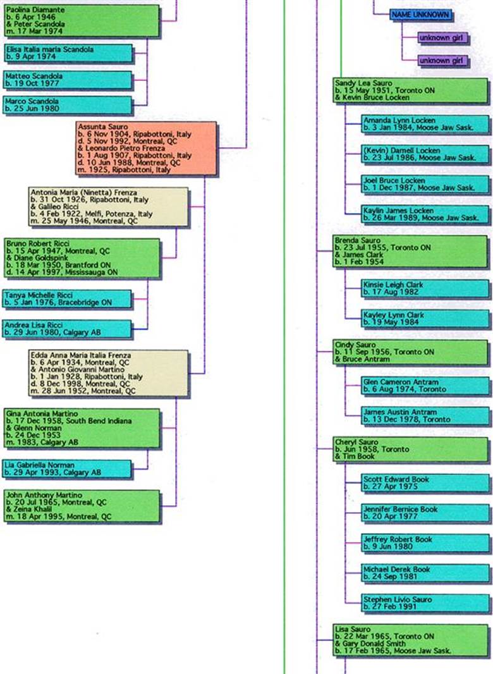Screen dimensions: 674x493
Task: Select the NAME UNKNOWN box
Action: [420, 15]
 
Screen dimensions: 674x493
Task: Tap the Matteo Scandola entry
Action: [68, 79]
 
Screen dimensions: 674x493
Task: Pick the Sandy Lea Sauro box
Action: [410, 90]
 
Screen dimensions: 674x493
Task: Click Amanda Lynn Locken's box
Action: [425, 124]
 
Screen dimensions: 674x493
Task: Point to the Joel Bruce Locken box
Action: [425, 184]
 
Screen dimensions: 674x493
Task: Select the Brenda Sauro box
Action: [410, 251]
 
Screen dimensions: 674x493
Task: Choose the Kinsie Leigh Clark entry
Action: [425, 288]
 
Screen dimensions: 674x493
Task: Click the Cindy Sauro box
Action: [410, 352]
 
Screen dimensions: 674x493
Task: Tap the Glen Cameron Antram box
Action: [425, 386]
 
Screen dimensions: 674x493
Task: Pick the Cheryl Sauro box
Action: [410, 449]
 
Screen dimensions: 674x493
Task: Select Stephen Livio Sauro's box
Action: [425, 603]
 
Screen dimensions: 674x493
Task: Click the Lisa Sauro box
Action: [410, 640]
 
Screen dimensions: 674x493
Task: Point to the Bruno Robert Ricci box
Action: [82, 258]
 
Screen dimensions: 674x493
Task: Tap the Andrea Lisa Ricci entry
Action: [68, 329]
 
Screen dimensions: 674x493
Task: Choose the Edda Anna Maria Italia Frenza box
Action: [109, 373]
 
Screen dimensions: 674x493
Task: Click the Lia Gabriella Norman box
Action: [68, 469]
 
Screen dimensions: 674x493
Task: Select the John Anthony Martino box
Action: [82, 506]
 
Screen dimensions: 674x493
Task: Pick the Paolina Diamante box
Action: [82, 20]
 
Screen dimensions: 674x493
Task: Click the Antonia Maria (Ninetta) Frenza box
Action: [109, 207]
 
